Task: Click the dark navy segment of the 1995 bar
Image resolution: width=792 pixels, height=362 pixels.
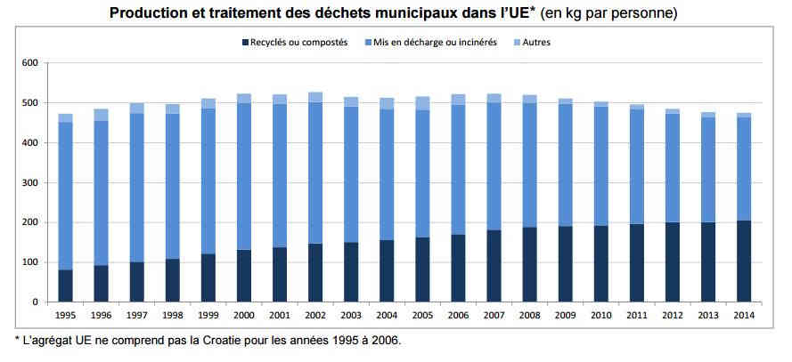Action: [66, 286]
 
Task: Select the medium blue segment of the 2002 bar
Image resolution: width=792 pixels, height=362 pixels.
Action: [315, 173]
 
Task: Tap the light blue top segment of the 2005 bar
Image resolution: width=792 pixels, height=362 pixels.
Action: [422, 103]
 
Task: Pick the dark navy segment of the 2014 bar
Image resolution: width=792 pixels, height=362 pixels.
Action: [744, 261]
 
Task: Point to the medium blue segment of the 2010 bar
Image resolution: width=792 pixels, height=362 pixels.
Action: [601, 165]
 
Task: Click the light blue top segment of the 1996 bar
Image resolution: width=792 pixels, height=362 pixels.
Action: [101, 115]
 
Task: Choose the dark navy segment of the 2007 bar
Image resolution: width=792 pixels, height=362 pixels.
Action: [494, 266]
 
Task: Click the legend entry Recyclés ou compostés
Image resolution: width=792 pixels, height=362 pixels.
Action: [295, 43]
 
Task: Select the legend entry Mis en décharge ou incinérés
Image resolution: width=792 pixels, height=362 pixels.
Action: [431, 43]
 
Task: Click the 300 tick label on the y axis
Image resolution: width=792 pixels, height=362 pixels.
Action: [31, 182]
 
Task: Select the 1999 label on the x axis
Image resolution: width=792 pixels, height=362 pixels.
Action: [208, 316]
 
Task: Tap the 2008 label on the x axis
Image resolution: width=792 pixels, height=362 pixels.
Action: [529, 316]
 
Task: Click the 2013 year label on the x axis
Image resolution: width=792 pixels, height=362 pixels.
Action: [707, 316]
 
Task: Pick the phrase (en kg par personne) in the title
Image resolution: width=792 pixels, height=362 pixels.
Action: [608, 13]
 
